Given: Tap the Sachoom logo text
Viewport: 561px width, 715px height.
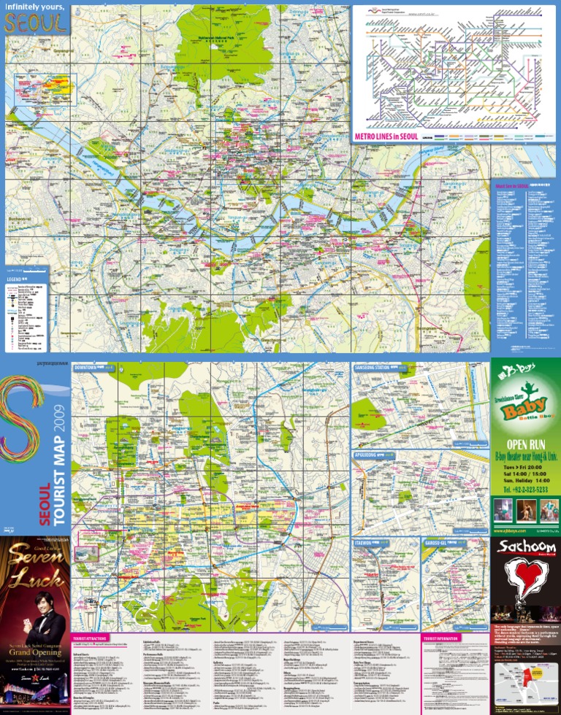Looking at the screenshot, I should tap(524, 547).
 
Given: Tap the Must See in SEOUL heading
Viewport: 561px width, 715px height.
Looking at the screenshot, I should tap(511, 185).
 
